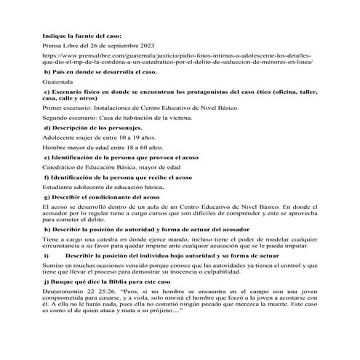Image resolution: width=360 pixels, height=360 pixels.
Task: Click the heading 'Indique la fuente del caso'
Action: (x=81, y=33)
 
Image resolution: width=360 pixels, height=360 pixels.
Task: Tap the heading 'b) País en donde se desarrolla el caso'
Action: (x=100, y=73)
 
